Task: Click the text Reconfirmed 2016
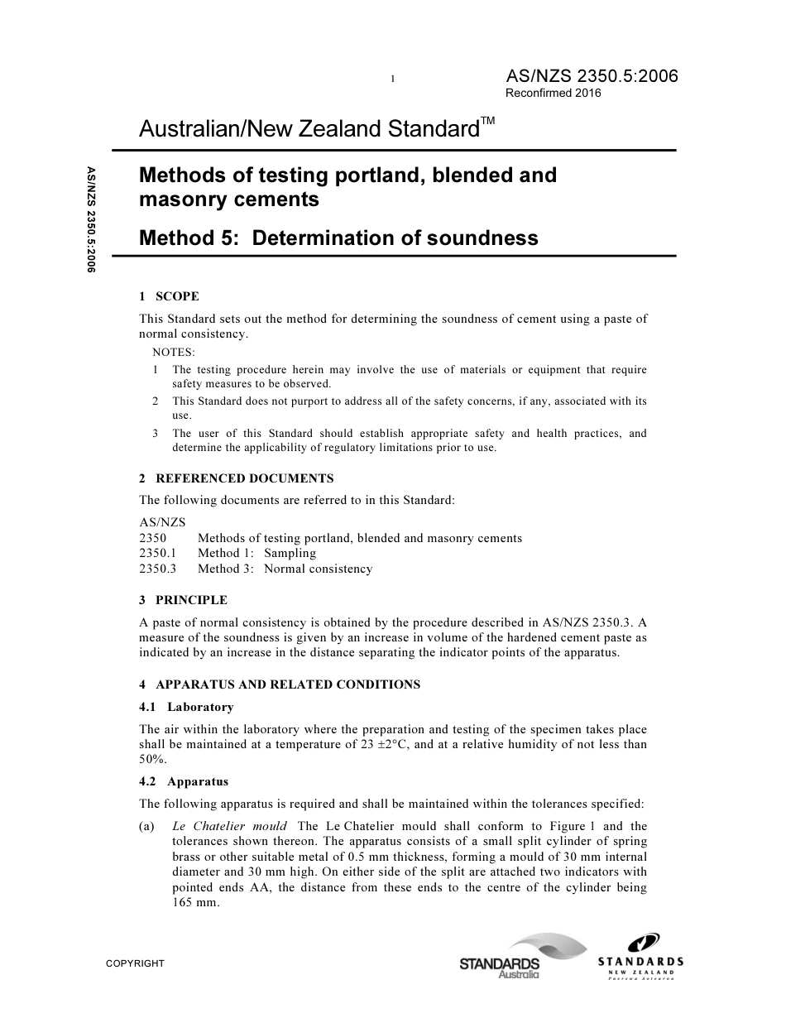click(553, 94)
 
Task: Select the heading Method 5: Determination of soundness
click(338, 238)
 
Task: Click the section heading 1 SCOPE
click(169, 296)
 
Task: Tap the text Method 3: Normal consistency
click(285, 569)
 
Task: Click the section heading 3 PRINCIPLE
click(183, 600)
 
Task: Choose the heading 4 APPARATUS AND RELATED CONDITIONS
click(280, 684)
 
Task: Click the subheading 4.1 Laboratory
click(186, 707)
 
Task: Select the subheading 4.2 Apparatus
click(184, 781)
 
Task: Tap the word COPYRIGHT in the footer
click(135, 963)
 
